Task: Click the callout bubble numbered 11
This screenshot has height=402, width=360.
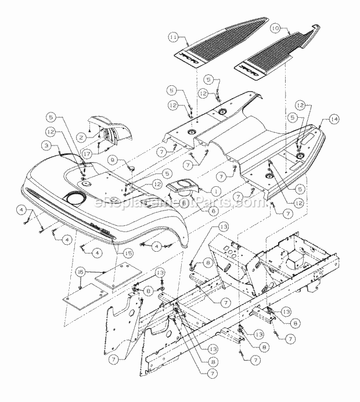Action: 173,37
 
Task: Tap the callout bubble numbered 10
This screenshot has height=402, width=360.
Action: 276,27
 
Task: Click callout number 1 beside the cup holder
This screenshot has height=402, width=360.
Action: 199,190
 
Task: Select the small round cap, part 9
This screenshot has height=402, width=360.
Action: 131,168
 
